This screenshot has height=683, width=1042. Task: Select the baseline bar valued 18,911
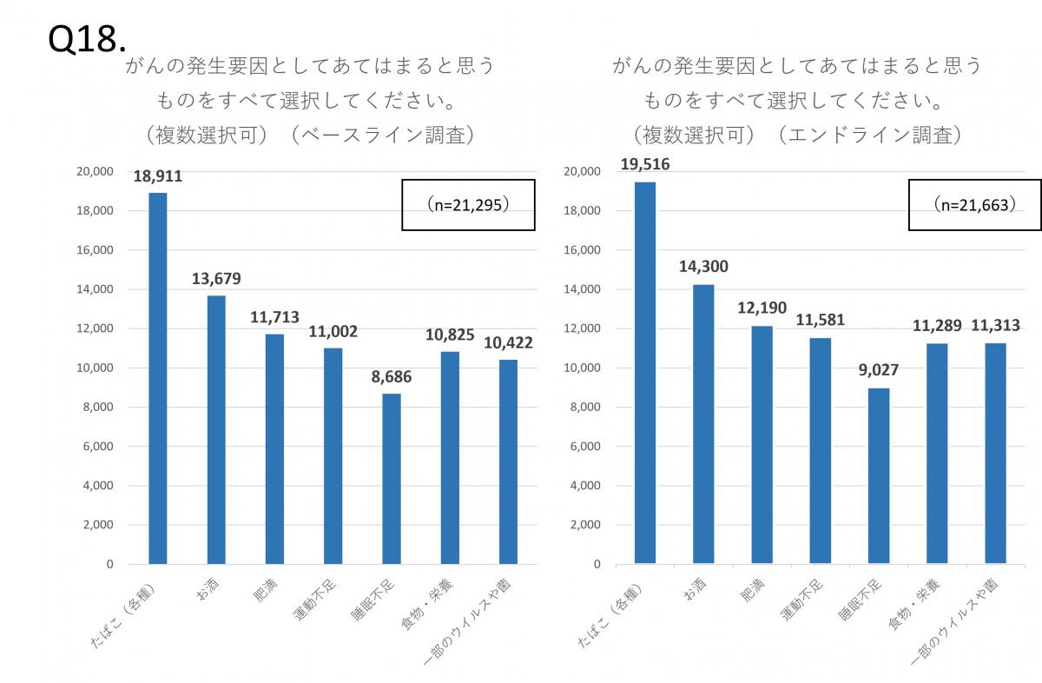(158, 378)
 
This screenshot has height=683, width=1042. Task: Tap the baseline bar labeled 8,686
(391, 479)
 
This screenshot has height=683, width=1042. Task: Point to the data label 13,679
(216, 279)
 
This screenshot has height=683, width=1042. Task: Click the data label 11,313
(995, 326)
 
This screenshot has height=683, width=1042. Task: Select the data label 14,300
(703, 267)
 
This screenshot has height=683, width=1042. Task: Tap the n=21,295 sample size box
(467, 204)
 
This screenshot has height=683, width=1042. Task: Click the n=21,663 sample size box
(974, 204)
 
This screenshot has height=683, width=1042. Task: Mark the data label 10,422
(508, 342)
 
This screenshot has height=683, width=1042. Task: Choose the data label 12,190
(762, 308)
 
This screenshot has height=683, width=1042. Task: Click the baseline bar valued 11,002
(333, 456)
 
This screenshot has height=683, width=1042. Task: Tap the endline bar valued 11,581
(820, 451)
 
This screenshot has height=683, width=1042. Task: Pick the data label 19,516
(643, 164)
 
